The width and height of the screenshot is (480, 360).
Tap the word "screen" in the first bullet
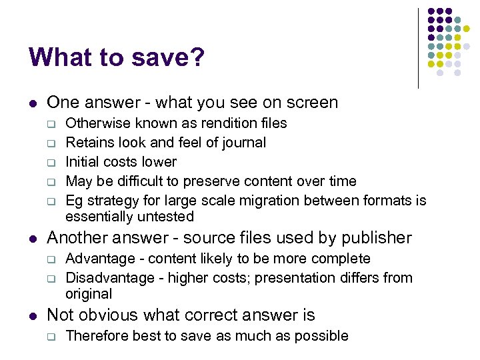coord(312,103)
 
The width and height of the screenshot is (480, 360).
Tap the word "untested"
coord(166,217)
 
